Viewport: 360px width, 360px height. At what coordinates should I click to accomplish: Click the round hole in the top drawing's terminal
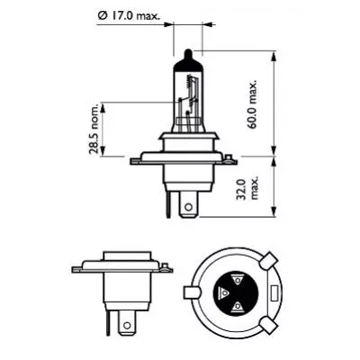(x=187, y=207)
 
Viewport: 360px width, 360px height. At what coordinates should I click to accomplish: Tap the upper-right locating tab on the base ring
(x=269, y=262)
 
